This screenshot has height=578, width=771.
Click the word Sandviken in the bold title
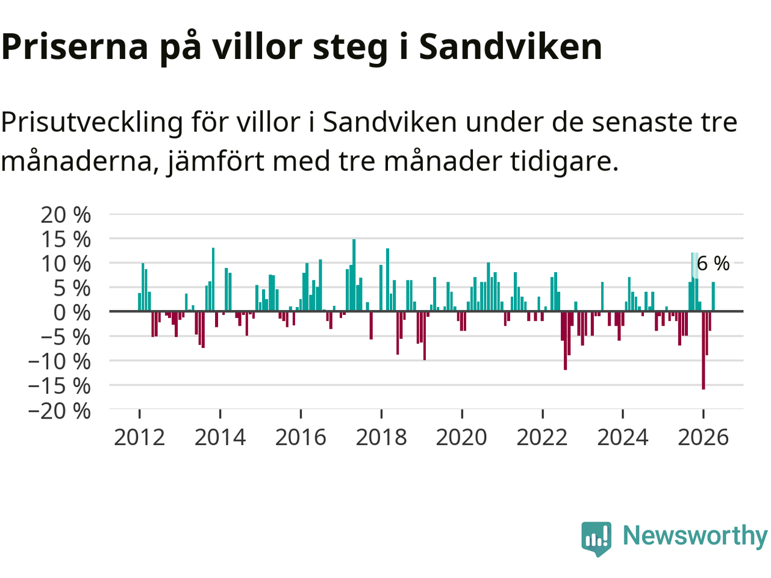pos(510,47)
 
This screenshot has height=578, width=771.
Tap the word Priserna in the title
pos(75,47)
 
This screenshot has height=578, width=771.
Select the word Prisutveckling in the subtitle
pos(92,123)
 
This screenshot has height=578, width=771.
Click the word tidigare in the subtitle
pos(564,161)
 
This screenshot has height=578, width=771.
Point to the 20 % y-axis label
pos(66,214)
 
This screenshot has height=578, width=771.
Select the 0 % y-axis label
pos(72,312)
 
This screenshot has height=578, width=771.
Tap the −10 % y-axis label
pos(60,361)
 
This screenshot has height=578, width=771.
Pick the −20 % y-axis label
pos(60,410)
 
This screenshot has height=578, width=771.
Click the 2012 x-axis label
pos(140,438)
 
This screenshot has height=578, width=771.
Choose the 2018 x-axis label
pos(381,438)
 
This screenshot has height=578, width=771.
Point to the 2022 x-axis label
pos(542,438)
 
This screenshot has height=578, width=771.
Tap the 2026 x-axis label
pos(703,438)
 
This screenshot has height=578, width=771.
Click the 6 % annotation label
pos(713,264)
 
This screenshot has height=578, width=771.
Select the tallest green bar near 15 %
pos(354,275)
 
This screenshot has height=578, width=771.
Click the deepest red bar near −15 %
pos(704,350)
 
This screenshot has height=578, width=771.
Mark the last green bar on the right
pos(713,297)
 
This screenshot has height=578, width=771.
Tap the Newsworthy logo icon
pos(596,539)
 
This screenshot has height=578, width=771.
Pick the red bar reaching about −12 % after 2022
pos(566,340)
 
